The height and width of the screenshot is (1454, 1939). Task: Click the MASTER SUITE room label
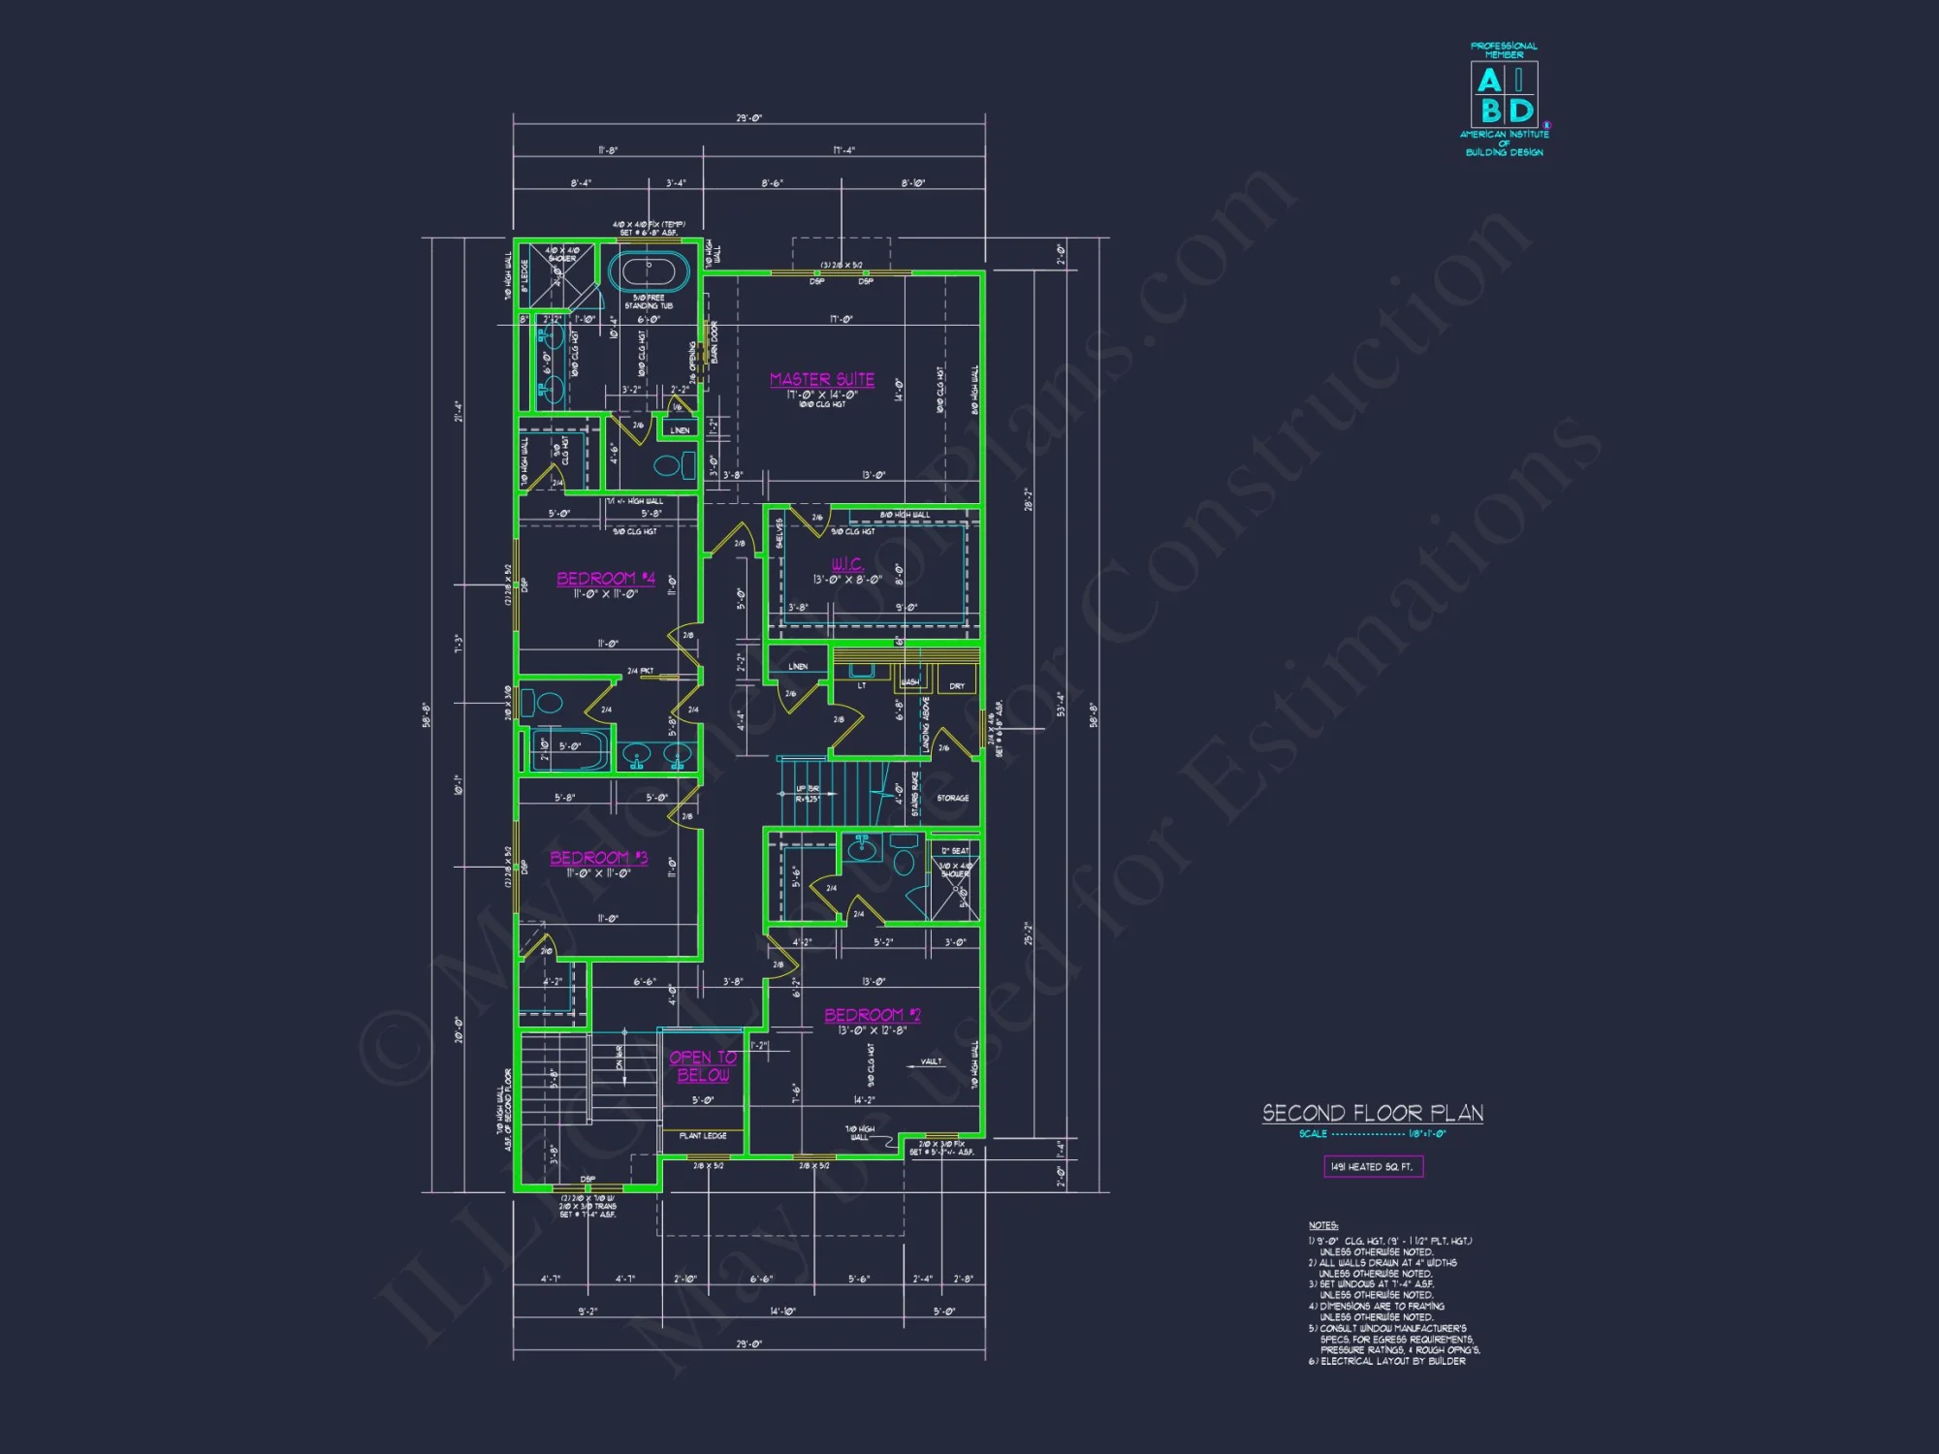pyautogui.click(x=822, y=379)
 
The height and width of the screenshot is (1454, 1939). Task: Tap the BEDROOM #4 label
pyautogui.click(x=606, y=579)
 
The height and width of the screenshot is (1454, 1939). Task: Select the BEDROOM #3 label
pyautogui.click(x=599, y=858)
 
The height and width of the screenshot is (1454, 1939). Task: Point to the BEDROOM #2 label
pyautogui.click(x=873, y=1015)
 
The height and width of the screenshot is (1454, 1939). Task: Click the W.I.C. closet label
pyautogui.click(x=846, y=563)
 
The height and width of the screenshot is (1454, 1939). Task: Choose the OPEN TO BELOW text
pyautogui.click(x=703, y=1066)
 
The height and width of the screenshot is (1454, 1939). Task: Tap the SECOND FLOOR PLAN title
pyautogui.click(x=1373, y=1113)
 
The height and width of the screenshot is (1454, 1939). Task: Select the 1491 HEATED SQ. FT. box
pyautogui.click(x=1373, y=1167)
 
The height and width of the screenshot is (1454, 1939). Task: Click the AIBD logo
pyautogui.click(x=1504, y=95)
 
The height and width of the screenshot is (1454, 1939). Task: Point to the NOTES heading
pyautogui.click(x=1323, y=1226)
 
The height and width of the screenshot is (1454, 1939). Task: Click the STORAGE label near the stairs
pyautogui.click(x=953, y=798)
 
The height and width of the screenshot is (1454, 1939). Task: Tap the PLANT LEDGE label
pyautogui.click(x=703, y=1136)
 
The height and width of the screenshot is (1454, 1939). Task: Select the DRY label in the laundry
pyautogui.click(x=957, y=685)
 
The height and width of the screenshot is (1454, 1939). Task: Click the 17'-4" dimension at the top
pyautogui.click(x=843, y=150)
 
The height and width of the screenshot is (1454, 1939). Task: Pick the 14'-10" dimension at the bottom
pyautogui.click(x=782, y=1312)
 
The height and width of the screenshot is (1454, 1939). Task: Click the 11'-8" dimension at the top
pyautogui.click(x=608, y=150)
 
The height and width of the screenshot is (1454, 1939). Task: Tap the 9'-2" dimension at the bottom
pyautogui.click(x=588, y=1312)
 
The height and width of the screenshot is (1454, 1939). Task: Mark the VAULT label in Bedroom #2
pyautogui.click(x=931, y=1061)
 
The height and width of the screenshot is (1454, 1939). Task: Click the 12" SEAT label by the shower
pyautogui.click(x=955, y=851)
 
